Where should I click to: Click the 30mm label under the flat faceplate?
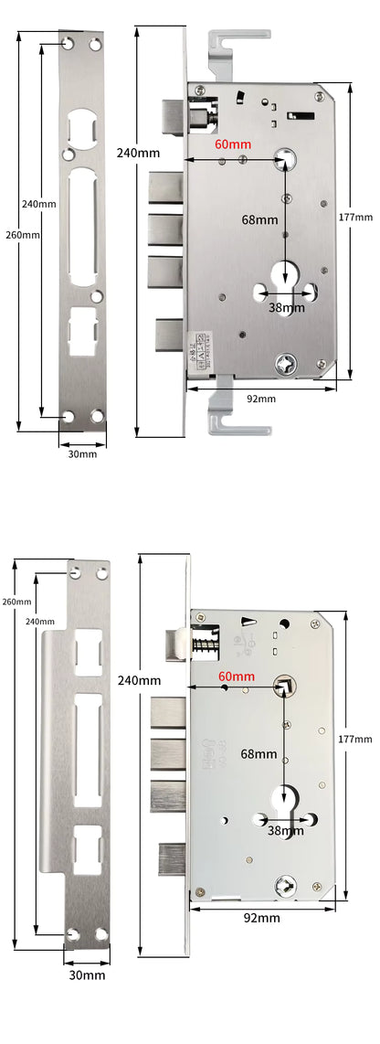coord(82,454)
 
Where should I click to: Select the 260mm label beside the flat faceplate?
coord(22,235)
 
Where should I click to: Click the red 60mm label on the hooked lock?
coord(233,144)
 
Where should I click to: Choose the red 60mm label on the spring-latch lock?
coord(237,676)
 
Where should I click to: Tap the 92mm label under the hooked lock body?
coord(260,399)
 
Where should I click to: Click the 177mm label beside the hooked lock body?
coord(356,217)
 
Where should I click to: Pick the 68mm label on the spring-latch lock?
coord(259,754)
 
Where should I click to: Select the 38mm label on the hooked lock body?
coord(287,307)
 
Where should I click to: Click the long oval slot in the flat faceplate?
coord(81,224)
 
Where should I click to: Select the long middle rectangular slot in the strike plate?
coord(88,742)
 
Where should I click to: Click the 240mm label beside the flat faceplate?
coord(39,204)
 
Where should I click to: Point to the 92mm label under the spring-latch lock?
coord(262,917)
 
